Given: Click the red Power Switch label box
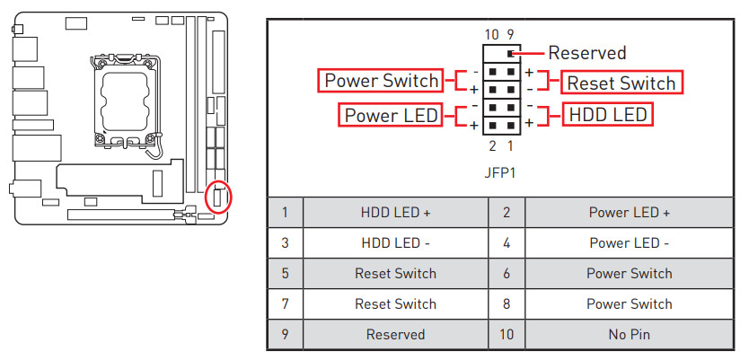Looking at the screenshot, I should click(x=381, y=81).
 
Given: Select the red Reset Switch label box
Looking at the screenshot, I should click(x=621, y=83).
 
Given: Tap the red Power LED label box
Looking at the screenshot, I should click(x=391, y=115).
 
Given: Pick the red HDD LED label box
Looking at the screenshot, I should click(x=606, y=115).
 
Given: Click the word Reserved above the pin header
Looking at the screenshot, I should click(x=586, y=53).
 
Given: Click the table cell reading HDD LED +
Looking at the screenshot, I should click(x=395, y=213).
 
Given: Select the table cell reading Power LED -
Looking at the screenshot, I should click(x=629, y=243).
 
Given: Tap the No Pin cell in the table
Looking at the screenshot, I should click(x=629, y=334).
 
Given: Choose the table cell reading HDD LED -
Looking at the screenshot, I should click(x=395, y=243).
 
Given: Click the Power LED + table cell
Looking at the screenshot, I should click(x=629, y=213).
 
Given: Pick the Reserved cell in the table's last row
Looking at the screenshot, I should click(x=395, y=334).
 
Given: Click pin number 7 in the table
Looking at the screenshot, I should click(x=285, y=303).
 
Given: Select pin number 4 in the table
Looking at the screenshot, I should click(x=507, y=243).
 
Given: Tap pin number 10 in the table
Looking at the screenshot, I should click(x=507, y=334).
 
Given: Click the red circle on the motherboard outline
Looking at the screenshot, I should click(x=218, y=196).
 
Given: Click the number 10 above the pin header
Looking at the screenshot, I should click(x=491, y=34).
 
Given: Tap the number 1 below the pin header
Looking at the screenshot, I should click(x=510, y=146).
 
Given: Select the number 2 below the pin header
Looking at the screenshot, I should click(x=492, y=146).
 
